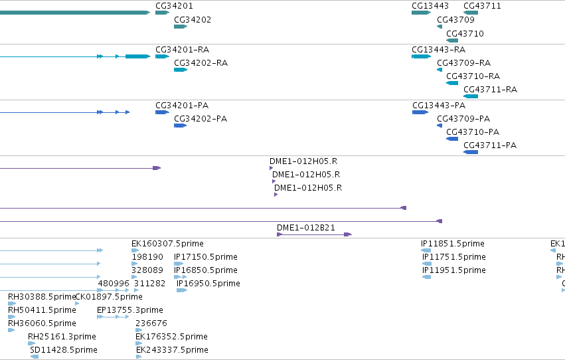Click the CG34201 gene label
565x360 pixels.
[x=174, y=6]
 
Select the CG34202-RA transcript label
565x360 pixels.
[x=201, y=63]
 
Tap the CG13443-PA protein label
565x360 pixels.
[x=439, y=106]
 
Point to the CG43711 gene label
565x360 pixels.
[x=482, y=6]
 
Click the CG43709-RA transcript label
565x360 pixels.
[x=463, y=63]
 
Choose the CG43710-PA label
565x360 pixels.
[x=473, y=132]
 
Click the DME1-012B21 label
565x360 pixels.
[x=306, y=228]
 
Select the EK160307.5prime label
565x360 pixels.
[x=167, y=244]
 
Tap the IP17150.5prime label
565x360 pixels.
[x=206, y=257]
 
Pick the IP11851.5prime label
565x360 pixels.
[x=453, y=244]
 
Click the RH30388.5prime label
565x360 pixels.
[x=42, y=297]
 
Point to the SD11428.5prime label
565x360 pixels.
[x=64, y=350]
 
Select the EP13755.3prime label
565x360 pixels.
[x=130, y=310]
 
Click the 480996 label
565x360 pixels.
[x=114, y=284]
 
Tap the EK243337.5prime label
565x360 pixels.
[x=172, y=350]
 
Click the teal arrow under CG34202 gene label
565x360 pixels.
[x=181, y=27]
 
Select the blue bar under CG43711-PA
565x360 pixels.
[x=471, y=152]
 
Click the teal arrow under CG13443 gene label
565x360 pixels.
[x=421, y=13]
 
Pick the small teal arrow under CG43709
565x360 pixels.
[x=440, y=27]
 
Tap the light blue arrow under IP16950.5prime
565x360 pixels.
[x=182, y=290]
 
